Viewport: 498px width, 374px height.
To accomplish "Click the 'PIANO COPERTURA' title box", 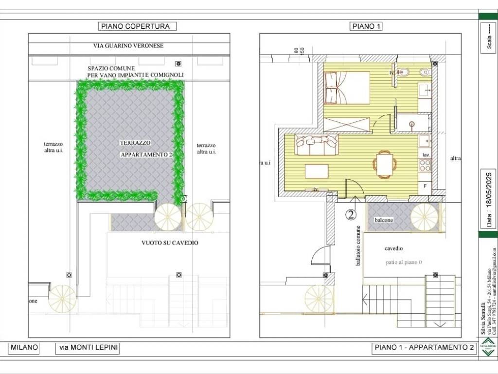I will [137, 26].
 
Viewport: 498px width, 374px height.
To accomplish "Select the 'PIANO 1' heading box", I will [365, 26].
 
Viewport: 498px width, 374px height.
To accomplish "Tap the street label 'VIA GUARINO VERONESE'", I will [128, 46].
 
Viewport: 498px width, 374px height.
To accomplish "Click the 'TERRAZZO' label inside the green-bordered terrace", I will [135, 143].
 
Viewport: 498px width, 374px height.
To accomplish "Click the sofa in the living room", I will [317, 145].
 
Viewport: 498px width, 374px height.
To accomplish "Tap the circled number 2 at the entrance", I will [351, 214].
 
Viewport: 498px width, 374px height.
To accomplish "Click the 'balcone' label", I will [384, 220].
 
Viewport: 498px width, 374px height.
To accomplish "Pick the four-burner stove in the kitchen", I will [425, 166].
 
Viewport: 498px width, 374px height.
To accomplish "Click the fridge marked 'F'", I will [425, 186].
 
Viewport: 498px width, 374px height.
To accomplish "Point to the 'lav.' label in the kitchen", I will [426, 154].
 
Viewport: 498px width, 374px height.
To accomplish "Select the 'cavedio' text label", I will [393, 248].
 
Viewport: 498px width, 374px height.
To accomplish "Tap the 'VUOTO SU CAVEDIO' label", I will [170, 243].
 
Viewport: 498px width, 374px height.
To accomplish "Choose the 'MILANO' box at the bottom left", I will [24, 348].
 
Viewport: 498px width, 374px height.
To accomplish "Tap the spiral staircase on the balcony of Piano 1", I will [425, 217].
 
